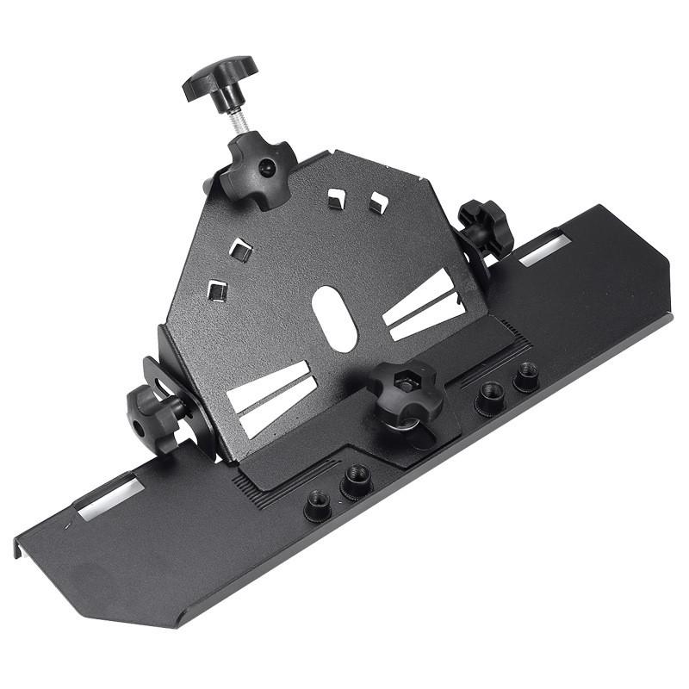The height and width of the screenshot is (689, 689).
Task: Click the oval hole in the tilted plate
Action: (335, 318)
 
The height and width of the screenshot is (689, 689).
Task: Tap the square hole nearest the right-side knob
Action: (378, 203)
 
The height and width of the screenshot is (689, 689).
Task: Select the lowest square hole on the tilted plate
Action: (217, 290)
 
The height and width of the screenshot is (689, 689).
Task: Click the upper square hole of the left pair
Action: (240, 251)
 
